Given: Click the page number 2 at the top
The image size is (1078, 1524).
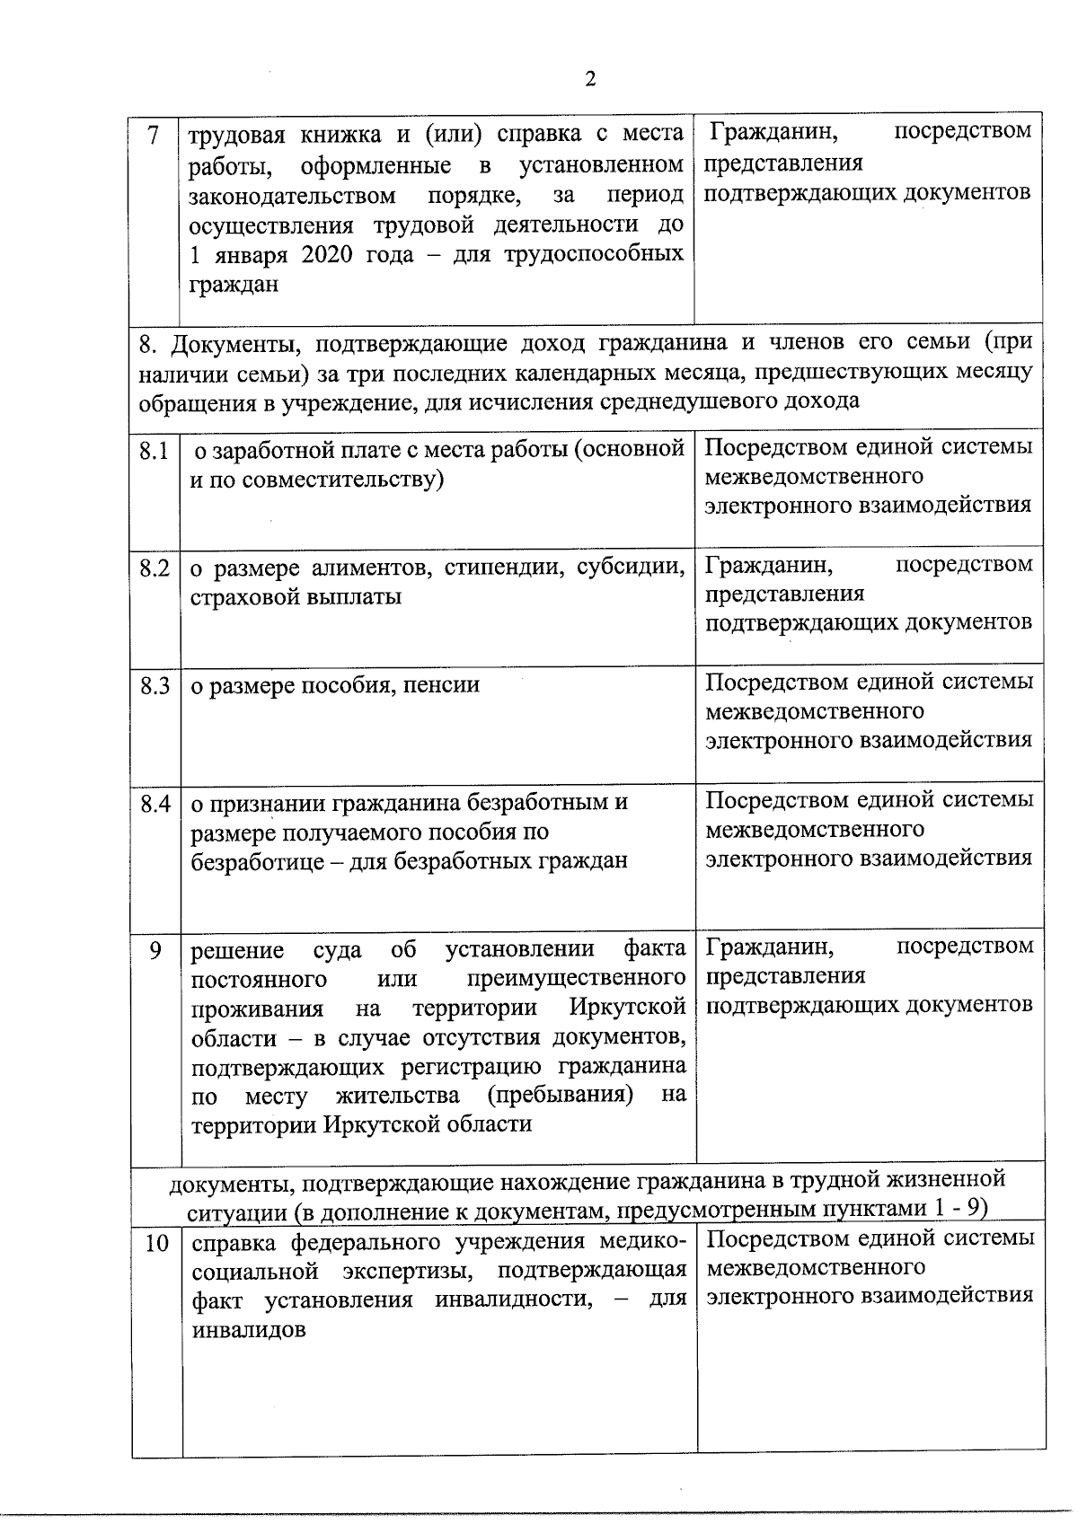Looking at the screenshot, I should [590, 79].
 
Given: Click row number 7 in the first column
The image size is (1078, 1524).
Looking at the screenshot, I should [154, 137].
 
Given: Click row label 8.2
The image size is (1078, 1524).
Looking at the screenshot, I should [155, 568].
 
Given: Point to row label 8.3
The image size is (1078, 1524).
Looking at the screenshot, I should [155, 686].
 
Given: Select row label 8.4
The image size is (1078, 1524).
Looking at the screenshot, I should [155, 804].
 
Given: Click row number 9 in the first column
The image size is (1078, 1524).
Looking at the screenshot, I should [155, 950].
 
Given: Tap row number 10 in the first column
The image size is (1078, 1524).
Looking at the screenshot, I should [156, 1245].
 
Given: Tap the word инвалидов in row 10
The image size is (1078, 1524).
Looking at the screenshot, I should [249, 1330].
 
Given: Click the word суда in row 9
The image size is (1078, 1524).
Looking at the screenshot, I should [337, 949].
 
